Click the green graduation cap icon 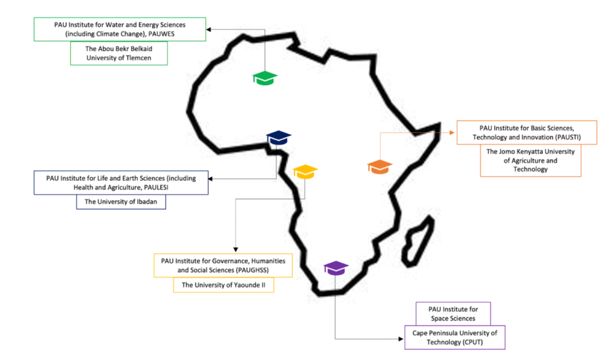[x=265, y=78]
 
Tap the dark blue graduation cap [x=278, y=138]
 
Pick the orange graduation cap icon [x=380, y=166]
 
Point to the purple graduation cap [x=336, y=267]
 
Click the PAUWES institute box [x=120, y=29]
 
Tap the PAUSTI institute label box [x=527, y=133]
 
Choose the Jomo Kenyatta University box [x=530, y=160]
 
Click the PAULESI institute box [x=122, y=183]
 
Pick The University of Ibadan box [x=121, y=202]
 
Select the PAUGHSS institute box [x=223, y=265]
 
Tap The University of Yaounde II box [x=223, y=285]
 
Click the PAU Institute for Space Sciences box [x=453, y=314]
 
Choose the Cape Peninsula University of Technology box [x=455, y=337]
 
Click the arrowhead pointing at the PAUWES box [x=210, y=28]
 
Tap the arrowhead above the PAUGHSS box [x=235, y=250]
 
